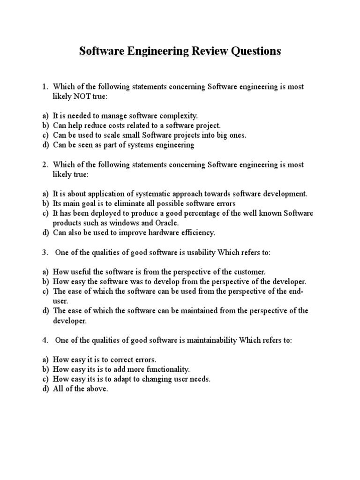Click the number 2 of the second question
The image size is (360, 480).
pos(45,165)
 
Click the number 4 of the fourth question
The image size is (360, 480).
pos(45,340)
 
